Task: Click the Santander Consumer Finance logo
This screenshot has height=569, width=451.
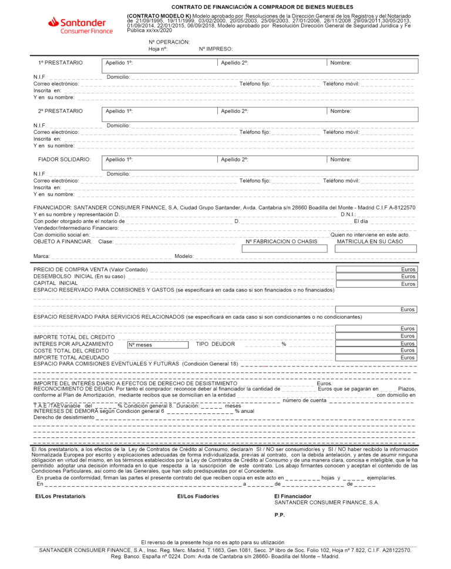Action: [x=80, y=25]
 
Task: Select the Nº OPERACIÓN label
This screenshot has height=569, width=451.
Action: [x=169, y=42]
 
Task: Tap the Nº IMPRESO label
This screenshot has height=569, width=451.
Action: [x=216, y=49]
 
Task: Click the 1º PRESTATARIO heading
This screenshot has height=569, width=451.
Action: [x=60, y=63]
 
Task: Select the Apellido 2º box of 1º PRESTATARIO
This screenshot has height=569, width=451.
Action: [x=272, y=63]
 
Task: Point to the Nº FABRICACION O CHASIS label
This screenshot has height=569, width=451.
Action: [x=281, y=241]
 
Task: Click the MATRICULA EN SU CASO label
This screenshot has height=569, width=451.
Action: [x=370, y=241]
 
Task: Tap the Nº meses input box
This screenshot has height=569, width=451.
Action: [x=157, y=345]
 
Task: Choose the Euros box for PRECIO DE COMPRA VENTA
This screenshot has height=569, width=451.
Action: [x=376, y=270]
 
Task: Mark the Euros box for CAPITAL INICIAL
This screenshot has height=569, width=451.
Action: [x=376, y=284]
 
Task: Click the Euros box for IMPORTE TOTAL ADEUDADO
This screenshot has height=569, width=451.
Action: [x=376, y=358]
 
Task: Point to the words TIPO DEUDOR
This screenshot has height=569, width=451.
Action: [x=215, y=344]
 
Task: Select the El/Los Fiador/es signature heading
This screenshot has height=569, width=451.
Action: [x=198, y=496]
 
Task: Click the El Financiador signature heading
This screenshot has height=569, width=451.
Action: [x=293, y=496]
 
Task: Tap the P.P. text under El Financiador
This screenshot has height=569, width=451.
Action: [x=280, y=515]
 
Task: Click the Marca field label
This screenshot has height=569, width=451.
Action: [x=41, y=257]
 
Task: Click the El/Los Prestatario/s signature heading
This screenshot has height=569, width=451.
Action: [x=60, y=496]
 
